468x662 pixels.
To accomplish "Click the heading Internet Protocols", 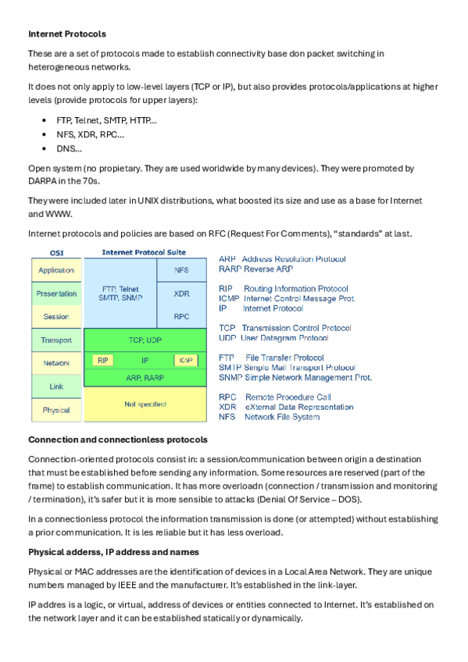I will point(67,34).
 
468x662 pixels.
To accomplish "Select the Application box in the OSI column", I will point(56,270).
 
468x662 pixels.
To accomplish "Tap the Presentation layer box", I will point(56,294).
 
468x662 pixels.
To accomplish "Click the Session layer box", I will point(56,317).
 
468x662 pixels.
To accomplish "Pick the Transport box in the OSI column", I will point(56,340).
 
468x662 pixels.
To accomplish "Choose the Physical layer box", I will point(56,410).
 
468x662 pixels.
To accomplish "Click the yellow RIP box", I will point(102,361).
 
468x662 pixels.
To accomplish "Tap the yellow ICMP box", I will point(186,361).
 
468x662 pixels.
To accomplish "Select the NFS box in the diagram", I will point(181,270).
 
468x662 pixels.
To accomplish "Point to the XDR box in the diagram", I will point(181,294).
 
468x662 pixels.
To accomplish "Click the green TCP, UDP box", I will point(145,340).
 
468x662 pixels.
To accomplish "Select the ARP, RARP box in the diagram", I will point(145,377).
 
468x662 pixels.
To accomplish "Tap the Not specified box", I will point(145,404).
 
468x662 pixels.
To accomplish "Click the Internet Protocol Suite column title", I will point(145,253).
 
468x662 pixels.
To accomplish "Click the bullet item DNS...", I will point(69,148).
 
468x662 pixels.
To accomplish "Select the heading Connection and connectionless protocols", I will point(117,440).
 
